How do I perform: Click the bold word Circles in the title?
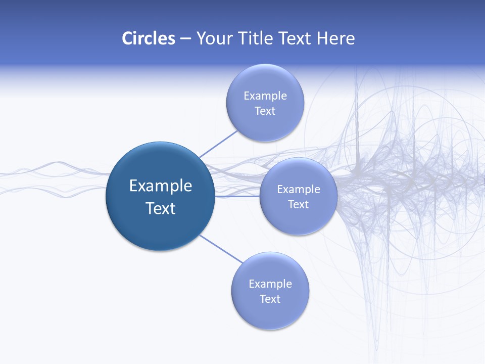tap(148, 38)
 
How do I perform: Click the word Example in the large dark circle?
tap(161, 186)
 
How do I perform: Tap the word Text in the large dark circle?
tap(161, 208)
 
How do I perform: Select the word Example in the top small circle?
tap(265, 96)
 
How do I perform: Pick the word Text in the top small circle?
tap(265, 111)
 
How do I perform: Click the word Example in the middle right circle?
tap(299, 190)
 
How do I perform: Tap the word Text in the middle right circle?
tap(299, 205)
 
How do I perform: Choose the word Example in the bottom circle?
tap(270, 284)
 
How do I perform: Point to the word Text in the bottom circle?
tap(270, 299)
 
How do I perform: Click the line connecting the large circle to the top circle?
tap(218, 144)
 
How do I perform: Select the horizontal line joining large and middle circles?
tap(237, 196)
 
